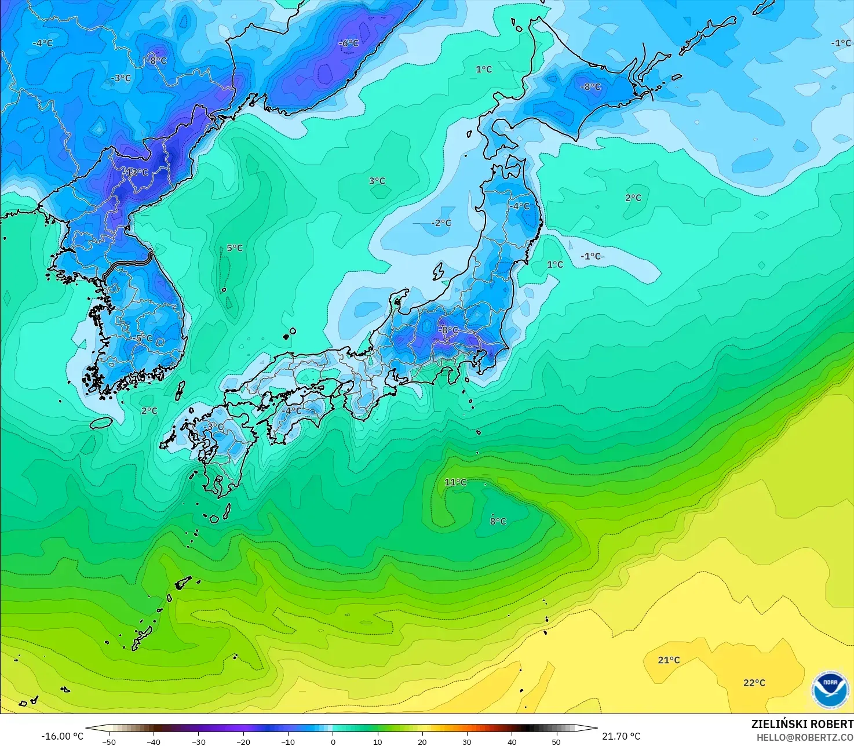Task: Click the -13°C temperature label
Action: click(x=137, y=173)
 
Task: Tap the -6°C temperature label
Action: click(x=349, y=43)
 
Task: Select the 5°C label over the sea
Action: click(x=235, y=248)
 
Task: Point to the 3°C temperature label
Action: click(x=377, y=181)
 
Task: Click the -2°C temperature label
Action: click(x=441, y=223)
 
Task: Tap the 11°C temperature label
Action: click(x=455, y=482)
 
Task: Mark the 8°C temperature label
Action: click(x=498, y=521)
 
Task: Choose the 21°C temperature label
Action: click(x=669, y=660)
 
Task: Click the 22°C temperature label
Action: click(x=754, y=683)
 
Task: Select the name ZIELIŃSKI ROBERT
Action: click(x=802, y=724)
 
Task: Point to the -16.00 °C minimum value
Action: click(x=62, y=736)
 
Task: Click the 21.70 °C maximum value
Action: click(x=621, y=736)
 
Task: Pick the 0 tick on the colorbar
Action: click(x=333, y=741)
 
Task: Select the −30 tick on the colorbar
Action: click(x=198, y=741)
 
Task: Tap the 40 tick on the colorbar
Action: click(x=512, y=741)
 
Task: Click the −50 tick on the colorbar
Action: click(x=108, y=741)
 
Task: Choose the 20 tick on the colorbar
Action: click(x=422, y=741)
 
